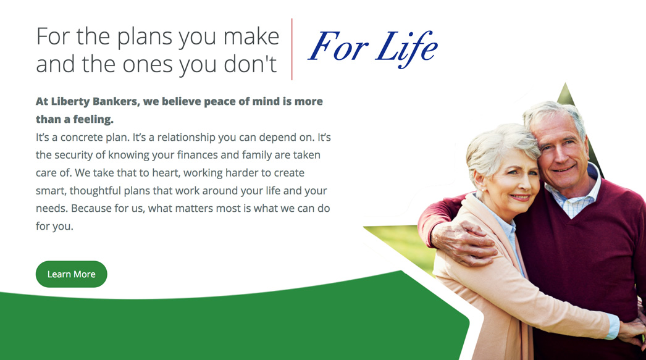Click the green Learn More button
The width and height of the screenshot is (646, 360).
(x=71, y=274)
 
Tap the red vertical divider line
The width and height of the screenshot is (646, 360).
(x=292, y=49)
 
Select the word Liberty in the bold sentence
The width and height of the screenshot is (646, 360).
(x=70, y=102)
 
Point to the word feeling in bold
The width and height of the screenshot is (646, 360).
(x=93, y=119)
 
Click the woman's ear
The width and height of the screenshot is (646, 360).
(x=479, y=182)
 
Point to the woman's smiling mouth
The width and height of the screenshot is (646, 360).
(x=520, y=198)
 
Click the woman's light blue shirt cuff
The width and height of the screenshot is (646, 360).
(x=613, y=326)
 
